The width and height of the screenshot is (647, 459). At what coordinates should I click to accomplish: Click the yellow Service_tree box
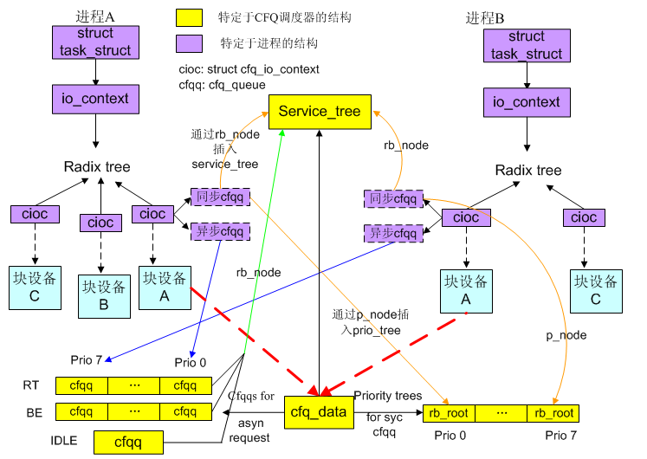click(320, 112)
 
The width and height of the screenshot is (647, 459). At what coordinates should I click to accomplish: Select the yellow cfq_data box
click(318, 411)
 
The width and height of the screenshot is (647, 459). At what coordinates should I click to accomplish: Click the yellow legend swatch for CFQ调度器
click(189, 18)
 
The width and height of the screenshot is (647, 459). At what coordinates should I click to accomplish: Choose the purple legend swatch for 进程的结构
click(189, 43)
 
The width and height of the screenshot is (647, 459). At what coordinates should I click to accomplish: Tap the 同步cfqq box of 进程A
click(220, 197)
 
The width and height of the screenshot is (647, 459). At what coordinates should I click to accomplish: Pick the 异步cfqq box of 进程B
click(392, 233)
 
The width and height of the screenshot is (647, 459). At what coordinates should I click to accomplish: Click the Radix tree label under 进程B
click(527, 171)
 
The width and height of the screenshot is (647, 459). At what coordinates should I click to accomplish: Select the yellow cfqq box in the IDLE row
click(128, 442)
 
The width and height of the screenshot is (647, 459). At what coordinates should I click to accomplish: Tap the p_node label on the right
click(566, 335)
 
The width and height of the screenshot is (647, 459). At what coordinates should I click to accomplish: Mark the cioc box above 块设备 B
click(100, 223)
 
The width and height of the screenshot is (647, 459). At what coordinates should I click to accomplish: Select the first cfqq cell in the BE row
click(81, 411)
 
